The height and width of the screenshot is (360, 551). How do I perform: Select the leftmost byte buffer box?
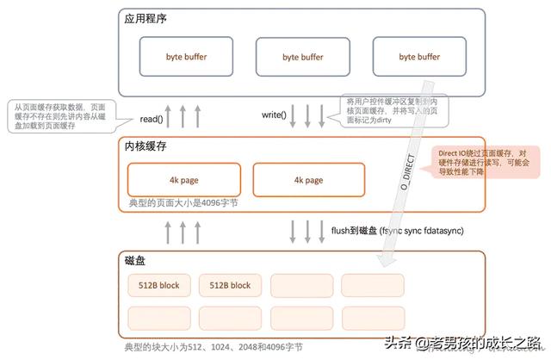[187, 57]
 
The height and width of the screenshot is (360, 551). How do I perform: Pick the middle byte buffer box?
[302, 57]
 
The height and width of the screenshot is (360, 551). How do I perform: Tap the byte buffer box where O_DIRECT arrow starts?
[418, 57]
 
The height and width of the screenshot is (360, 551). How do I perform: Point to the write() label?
[274, 115]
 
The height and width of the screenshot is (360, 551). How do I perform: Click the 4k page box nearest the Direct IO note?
[308, 180]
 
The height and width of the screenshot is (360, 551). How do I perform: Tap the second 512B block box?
[230, 285]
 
